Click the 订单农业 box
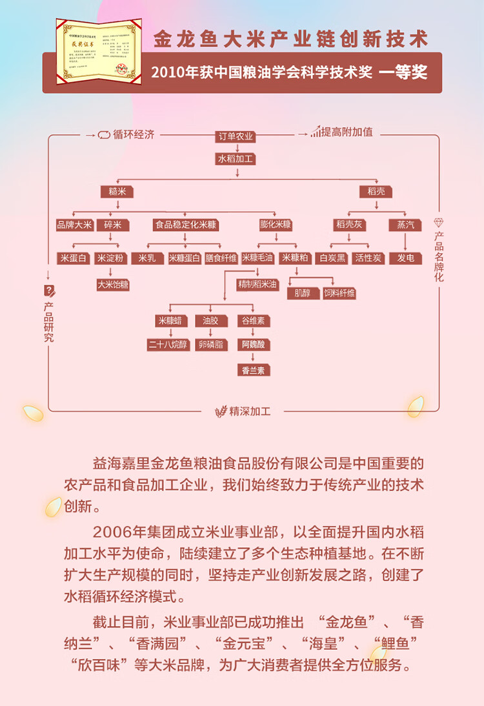click(236, 136)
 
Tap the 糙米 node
click(117, 192)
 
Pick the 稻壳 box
click(376, 192)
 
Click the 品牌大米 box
click(75, 225)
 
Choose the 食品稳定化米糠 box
click(186, 225)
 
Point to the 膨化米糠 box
click(276, 225)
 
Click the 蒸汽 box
click(405, 225)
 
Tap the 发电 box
click(405, 258)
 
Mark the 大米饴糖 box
click(113, 284)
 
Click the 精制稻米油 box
click(258, 284)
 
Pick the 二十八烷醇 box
click(168, 345)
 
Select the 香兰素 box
click(253, 370)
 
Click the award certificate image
click(98, 52)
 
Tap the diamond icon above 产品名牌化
click(439, 223)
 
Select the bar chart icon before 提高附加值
click(315, 132)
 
